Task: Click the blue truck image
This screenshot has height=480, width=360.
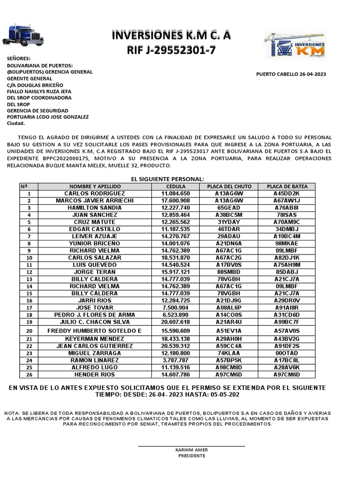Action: click(x=23, y=35)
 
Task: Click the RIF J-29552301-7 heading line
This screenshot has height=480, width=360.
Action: click(x=171, y=50)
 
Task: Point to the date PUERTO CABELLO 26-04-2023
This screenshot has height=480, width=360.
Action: click(x=291, y=74)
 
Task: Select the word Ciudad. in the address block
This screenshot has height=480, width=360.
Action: click(x=16, y=123)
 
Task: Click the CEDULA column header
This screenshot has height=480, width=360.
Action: click(x=175, y=187)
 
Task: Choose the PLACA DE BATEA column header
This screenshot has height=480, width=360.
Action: click(x=287, y=187)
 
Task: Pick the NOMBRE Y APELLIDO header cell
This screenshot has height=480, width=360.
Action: click(x=94, y=187)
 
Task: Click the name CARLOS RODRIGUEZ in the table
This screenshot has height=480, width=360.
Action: click(x=94, y=194)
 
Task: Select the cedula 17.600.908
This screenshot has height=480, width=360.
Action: click(x=175, y=201)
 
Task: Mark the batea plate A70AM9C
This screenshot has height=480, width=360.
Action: click(x=287, y=222)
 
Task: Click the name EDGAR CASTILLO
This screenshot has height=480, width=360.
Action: click(x=94, y=229)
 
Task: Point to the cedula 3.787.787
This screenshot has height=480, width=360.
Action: click(x=175, y=360)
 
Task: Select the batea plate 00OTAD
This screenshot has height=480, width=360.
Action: click(x=287, y=353)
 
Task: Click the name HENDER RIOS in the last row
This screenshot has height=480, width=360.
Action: click(x=94, y=375)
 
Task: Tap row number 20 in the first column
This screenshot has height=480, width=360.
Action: click(x=29, y=330)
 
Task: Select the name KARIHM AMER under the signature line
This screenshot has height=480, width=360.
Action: click(x=191, y=450)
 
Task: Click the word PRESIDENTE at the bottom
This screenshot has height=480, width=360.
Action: click(x=191, y=456)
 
